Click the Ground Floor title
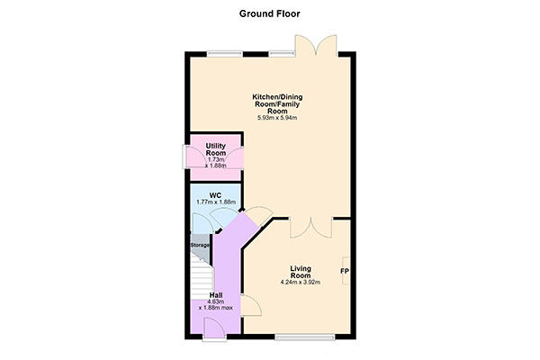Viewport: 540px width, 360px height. [x=270, y=13]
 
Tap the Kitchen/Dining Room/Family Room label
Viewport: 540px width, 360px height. [x=277, y=104]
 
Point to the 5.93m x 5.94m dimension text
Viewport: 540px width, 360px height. [x=277, y=118]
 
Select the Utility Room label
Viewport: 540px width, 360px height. [x=216, y=149]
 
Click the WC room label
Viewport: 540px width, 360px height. [x=216, y=195]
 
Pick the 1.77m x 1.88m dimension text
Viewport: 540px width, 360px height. [x=216, y=202]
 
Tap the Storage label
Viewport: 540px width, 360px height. [x=200, y=246]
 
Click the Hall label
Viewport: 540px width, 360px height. [x=216, y=295]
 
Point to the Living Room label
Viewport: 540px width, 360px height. [x=301, y=272]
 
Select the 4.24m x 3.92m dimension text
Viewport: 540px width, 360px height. [x=301, y=283]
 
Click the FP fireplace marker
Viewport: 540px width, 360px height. [x=345, y=272]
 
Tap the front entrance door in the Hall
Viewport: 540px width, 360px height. [x=214, y=329]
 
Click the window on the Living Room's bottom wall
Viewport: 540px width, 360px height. [x=305, y=337]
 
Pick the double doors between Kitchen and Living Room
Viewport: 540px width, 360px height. [x=311, y=228]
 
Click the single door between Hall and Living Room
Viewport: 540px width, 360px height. [x=251, y=305]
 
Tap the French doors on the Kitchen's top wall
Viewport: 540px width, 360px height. [x=316, y=46]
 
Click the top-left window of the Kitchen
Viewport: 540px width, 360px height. [x=225, y=54]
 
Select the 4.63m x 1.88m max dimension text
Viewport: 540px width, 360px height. [x=216, y=305]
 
